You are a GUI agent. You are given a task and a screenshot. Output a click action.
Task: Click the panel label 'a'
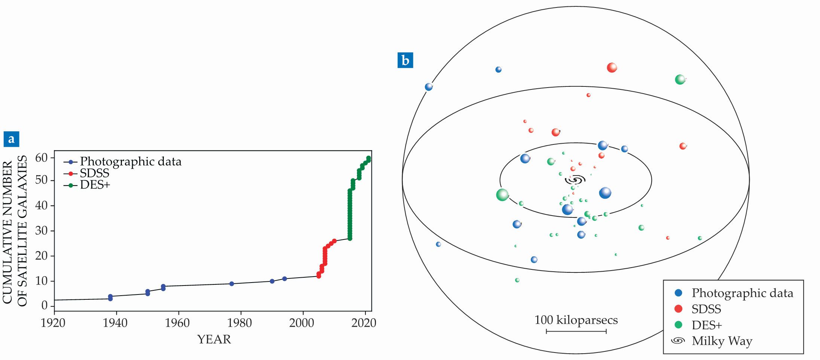pos(11,139)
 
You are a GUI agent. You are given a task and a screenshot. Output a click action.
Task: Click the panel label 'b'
pos(405,60)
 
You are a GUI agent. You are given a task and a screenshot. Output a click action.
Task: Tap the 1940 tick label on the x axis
pos(115,323)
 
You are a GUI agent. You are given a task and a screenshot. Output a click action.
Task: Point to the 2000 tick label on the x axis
pos(302,323)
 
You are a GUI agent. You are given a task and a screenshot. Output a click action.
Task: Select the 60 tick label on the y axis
pos(42,158)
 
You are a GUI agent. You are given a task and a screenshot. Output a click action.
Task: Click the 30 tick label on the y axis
pos(42,231)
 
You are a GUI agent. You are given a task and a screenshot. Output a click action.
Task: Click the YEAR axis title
pos(214,339)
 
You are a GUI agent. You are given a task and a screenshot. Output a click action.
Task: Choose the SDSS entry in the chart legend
pos(94,173)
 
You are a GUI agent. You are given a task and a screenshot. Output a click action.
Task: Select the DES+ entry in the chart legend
pos(95,185)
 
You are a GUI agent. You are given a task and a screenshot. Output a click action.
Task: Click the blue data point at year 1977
pos(232,284)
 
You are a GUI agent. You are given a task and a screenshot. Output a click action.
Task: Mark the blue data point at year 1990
pos(272,281)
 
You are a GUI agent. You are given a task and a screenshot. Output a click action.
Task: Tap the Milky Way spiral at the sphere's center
pos(575,180)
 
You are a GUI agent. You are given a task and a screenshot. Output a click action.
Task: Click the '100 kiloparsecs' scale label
pos(576,320)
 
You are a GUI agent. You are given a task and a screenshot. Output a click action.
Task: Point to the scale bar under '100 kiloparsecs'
pos(576,331)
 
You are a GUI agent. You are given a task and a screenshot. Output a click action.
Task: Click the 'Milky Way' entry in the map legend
pos(722,341)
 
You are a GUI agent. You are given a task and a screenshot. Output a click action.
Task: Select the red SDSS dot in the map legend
pos(678,309)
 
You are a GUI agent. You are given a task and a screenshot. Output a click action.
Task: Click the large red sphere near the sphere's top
pos(612,68)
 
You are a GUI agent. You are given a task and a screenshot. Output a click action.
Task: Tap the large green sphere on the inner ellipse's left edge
pos(502,195)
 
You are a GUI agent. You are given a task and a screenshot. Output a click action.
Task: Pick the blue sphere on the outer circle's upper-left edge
pos(429,87)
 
